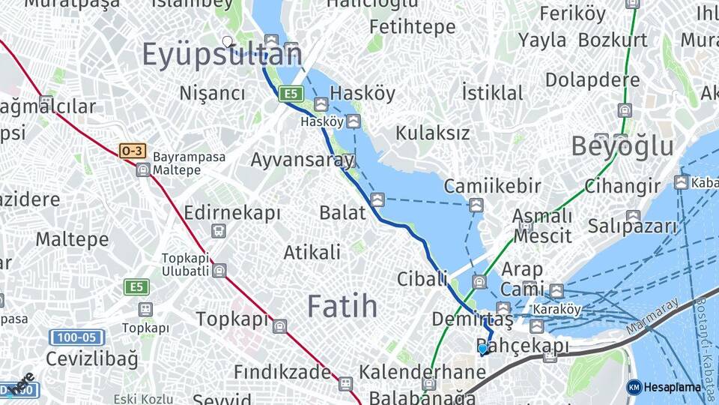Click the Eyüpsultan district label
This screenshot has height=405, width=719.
[222, 55]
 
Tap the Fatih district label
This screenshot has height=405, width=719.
[342, 306]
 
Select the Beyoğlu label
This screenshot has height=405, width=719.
[622, 146]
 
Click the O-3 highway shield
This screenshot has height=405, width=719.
[132, 151]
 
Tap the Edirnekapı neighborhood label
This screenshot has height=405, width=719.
[232, 212]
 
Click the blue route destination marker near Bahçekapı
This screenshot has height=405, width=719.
[483, 348]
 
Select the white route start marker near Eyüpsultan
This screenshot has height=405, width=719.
[227, 42]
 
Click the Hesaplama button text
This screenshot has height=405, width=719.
[673, 388]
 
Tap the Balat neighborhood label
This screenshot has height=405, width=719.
[342, 212]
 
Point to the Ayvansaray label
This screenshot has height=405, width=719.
[302, 160]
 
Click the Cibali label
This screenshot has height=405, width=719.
[422, 279]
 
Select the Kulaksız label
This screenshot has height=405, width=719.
[433, 133]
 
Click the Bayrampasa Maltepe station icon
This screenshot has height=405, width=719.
[143, 170]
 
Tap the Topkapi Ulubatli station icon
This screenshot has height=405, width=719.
[219, 270]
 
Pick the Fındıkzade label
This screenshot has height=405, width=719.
[282, 372]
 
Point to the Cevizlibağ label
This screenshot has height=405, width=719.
[92, 358]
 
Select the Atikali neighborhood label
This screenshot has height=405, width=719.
[312, 253]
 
